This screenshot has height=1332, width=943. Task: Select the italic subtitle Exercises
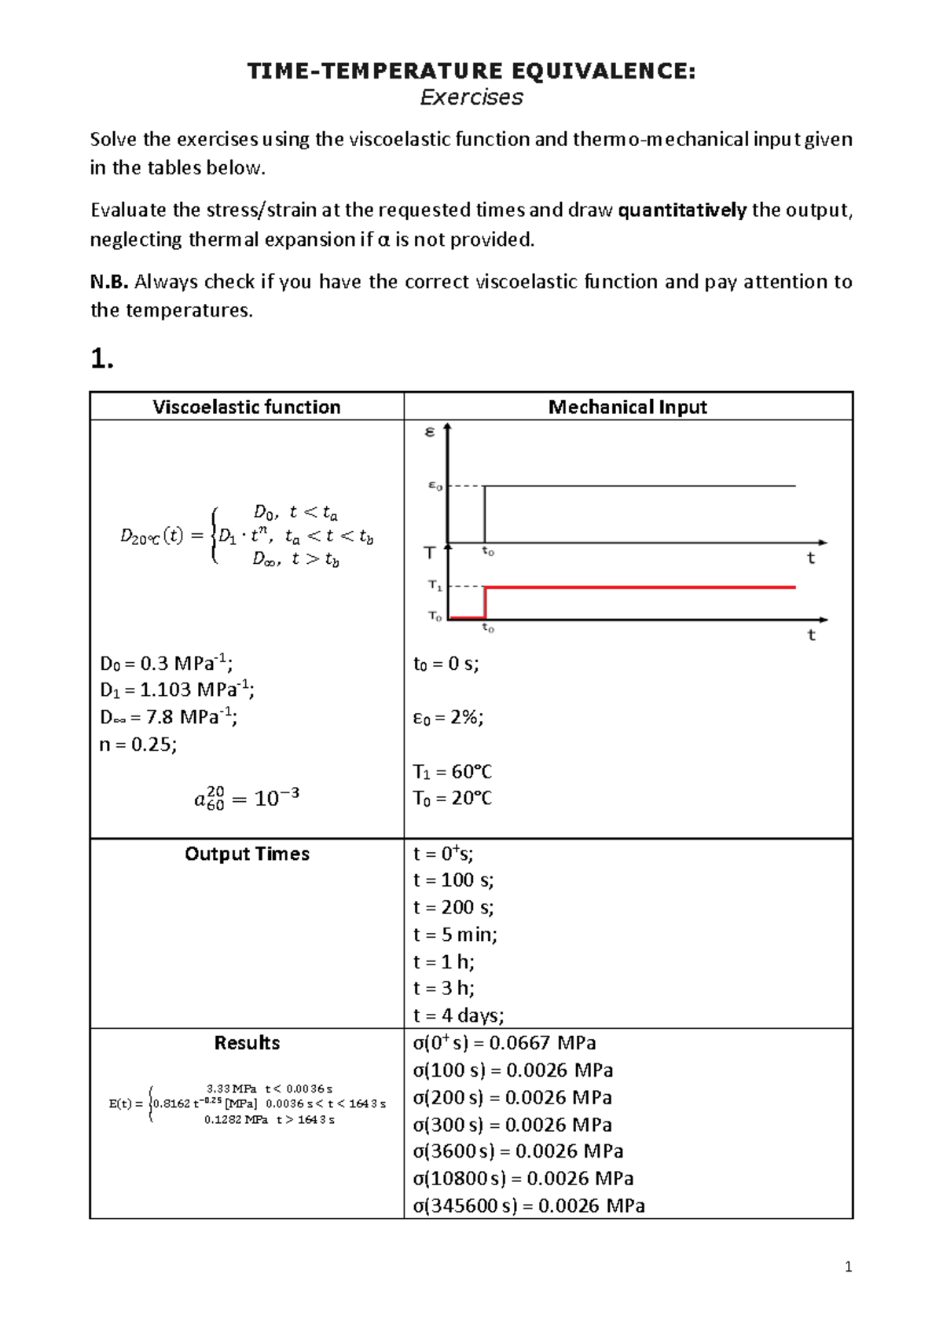(472, 97)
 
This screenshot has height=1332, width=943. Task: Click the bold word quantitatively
(682, 210)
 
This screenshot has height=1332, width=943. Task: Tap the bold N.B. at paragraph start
(108, 282)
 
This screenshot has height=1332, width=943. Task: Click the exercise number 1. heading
(102, 359)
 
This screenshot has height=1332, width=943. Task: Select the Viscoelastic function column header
(247, 407)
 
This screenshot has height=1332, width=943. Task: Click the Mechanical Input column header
(627, 407)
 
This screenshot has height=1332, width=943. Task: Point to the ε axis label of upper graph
(429, 431)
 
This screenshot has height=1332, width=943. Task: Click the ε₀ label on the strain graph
(435, 486)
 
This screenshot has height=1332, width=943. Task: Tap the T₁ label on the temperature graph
(435, 586)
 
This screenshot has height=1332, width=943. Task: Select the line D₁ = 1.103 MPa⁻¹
(177, 690)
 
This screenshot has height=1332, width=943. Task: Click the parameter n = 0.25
(138, 745)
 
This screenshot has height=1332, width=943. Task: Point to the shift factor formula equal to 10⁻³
(247, 799)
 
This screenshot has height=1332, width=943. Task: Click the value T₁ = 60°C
(453, 772)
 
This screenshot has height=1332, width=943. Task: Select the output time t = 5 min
(455, 935)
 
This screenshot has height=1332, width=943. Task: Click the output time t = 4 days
(458, 1015)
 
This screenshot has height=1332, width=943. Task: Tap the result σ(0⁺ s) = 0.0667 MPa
(505, 1043)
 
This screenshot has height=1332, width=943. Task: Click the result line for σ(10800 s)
(523, 1178)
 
